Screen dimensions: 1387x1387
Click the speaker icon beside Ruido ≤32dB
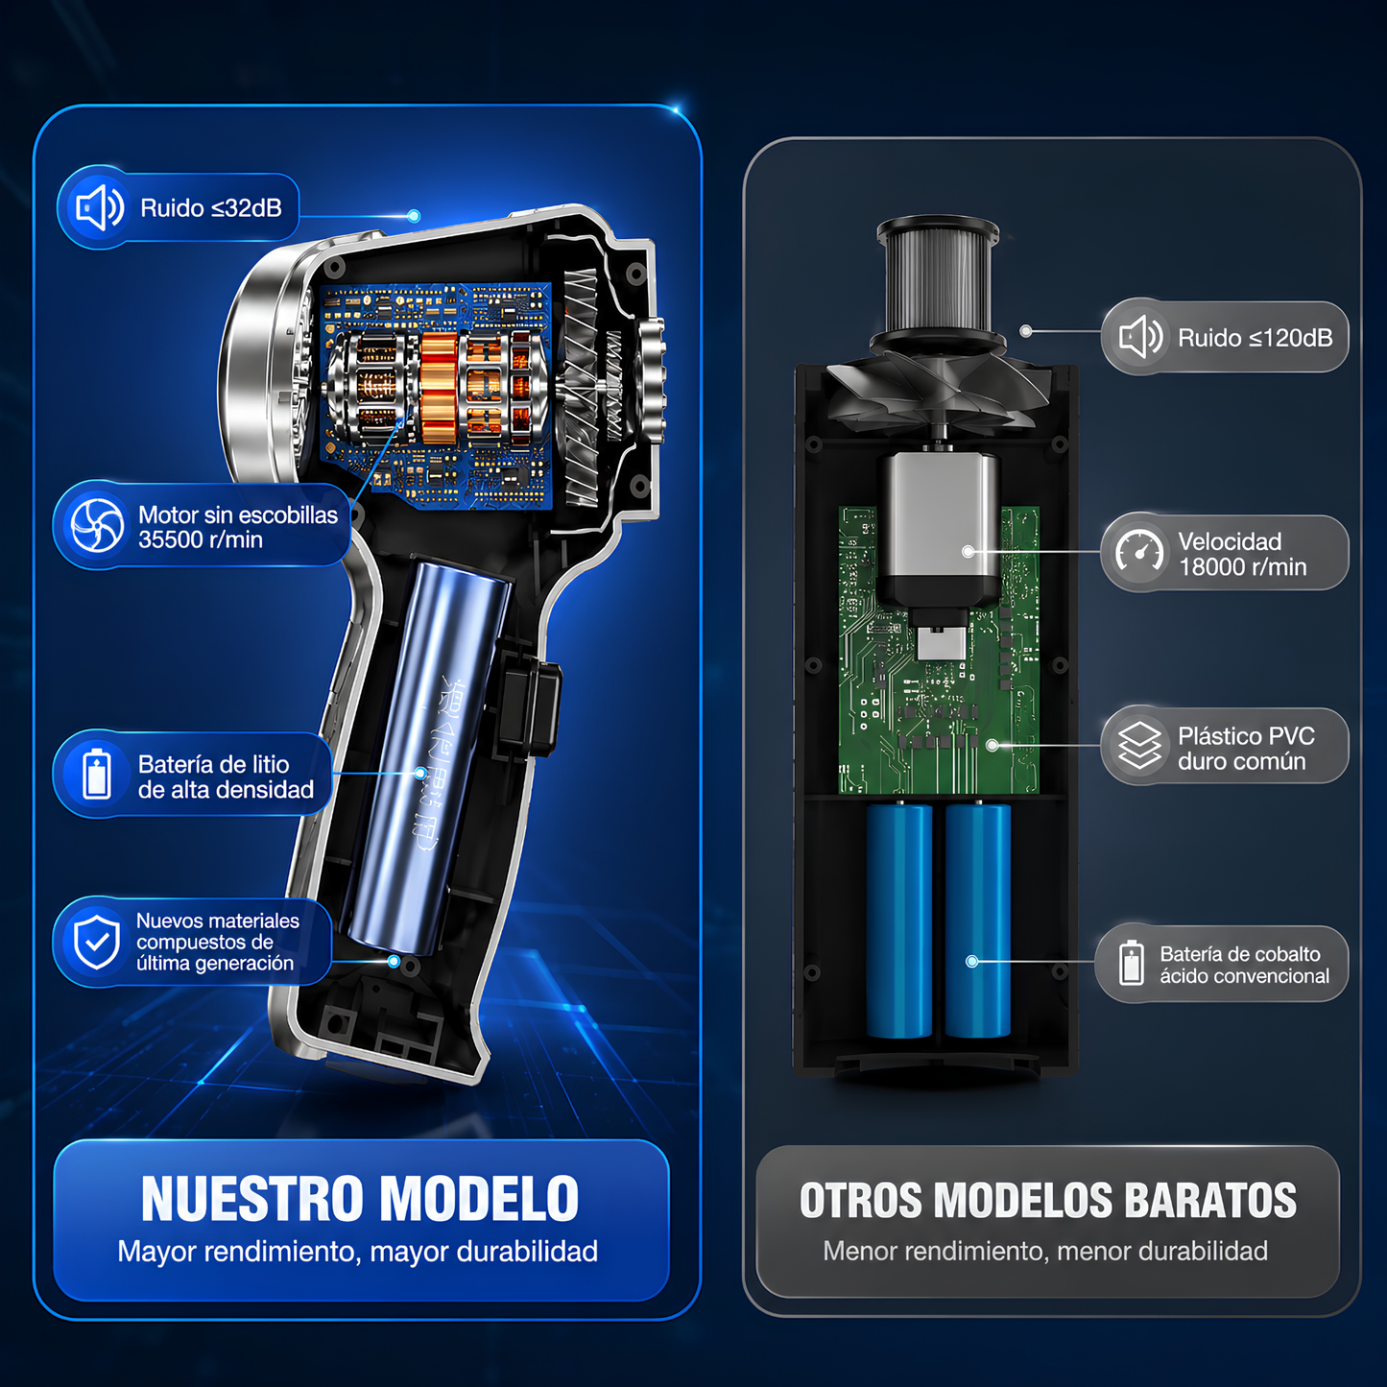pos(99,208)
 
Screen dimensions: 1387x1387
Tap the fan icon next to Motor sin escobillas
pos(97,526)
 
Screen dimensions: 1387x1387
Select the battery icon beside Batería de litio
pos(96,775)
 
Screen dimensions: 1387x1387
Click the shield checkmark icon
pos(97,943)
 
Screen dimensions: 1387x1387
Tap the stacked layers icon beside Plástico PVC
pos(1139,746)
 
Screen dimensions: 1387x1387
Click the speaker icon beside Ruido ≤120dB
pos(1140,337)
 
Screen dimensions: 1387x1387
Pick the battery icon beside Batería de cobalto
pos(1131,963)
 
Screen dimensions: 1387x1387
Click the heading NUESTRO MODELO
pos(360,1199)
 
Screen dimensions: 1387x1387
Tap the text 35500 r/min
pos(200,539)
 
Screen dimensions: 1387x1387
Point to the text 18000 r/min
pos(1242,567)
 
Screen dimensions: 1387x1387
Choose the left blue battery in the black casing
pos(899,921)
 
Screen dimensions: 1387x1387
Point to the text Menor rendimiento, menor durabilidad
pos(1045,1251)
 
